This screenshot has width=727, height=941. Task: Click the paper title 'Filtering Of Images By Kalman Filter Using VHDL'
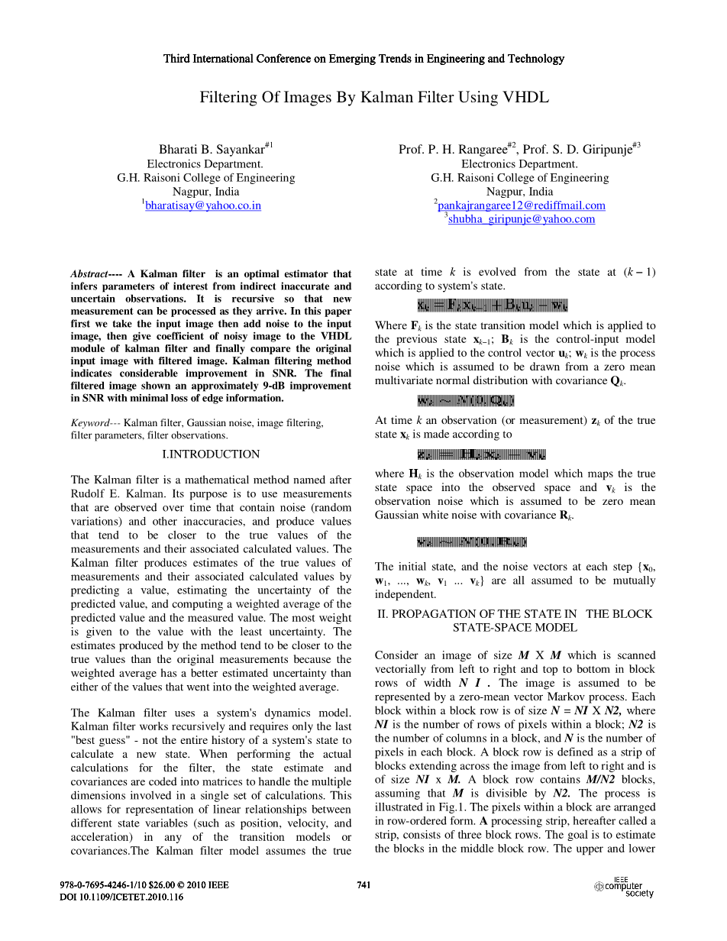(x=374, y=98)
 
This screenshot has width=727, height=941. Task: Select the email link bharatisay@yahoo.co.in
(x=203, y=205)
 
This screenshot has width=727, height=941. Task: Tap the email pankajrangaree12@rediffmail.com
(x=522, y=205)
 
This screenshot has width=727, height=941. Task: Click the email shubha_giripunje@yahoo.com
(x=522, y=219)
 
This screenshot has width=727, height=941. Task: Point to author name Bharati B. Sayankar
(x=212, y=150)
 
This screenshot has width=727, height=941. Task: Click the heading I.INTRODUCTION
(x=212, y=454)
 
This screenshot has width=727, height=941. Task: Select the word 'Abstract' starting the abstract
(x=89, y=274)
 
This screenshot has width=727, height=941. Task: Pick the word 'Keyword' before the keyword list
(x=89, y=422)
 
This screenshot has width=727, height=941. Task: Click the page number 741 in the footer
(x=364, y=885)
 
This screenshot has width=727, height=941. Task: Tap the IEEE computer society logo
(x=624, y=888)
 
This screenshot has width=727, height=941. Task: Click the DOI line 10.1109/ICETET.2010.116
(x=121, y=897)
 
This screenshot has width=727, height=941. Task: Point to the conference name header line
(x=363, y=59)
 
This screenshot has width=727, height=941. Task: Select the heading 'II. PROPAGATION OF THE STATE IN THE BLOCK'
(x=515, y=614)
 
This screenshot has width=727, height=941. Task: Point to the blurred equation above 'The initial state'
(x=472, y=543)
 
